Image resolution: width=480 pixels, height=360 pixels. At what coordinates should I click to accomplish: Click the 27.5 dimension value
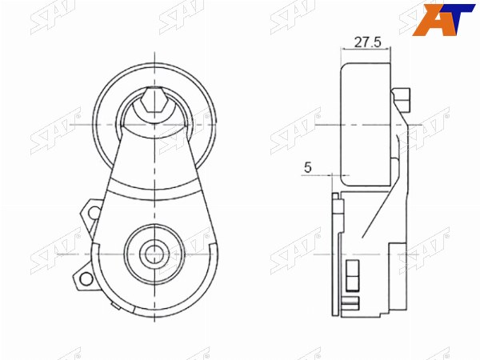(368, 42)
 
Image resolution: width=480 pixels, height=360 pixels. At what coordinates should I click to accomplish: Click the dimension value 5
(308, 167)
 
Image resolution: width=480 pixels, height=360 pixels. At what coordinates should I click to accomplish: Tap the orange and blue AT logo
(443, 20)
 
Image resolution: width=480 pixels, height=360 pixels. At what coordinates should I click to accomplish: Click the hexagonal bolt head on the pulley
(154, 99)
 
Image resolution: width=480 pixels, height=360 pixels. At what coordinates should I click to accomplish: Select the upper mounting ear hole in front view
(94, 213)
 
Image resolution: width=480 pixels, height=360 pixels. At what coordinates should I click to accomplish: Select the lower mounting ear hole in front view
(86, 278)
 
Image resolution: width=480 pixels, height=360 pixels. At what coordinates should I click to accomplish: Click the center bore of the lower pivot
(154, 254)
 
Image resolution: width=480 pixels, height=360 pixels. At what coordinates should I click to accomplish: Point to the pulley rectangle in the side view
(366, 124)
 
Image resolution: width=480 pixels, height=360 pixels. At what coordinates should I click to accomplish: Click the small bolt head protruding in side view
(402, 100)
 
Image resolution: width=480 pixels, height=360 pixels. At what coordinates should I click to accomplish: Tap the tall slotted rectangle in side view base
(352, 275)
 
